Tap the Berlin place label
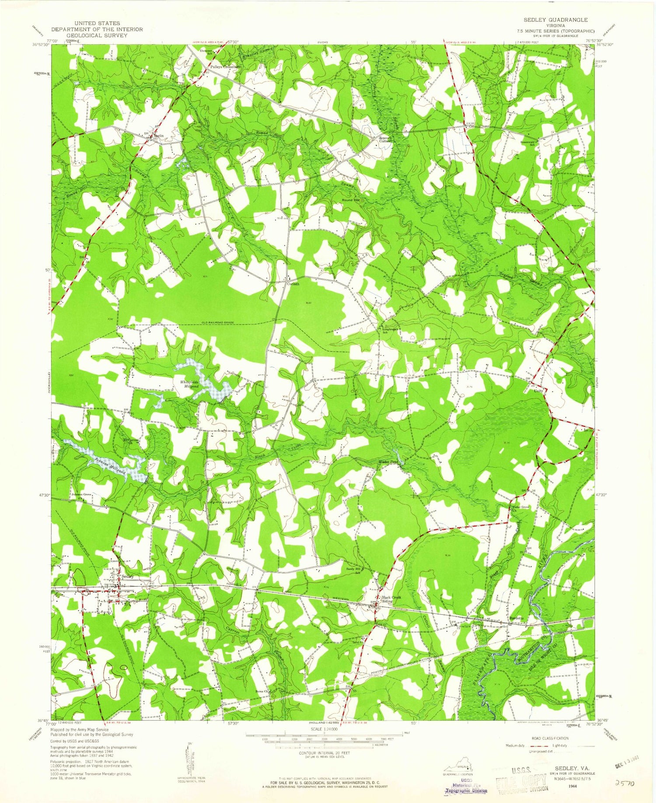[158, 136]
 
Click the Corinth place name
[293, 284]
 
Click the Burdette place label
[516, 618]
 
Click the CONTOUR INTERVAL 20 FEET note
[325, 754]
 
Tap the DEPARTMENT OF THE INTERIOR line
[97, 29]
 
